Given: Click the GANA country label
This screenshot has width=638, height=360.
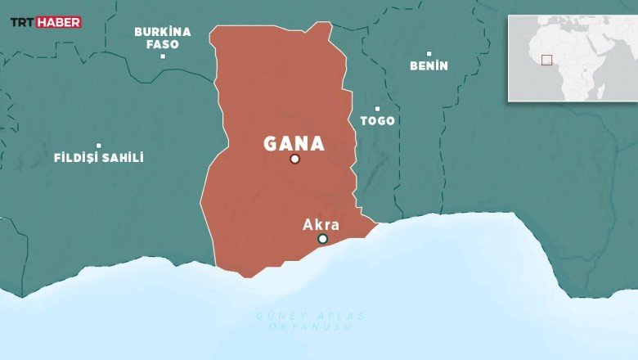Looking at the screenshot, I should [x=294, y=144].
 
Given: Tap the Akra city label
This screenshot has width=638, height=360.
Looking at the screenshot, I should [x=321, y=224].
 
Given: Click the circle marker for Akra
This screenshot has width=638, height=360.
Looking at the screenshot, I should [x=322, y=239].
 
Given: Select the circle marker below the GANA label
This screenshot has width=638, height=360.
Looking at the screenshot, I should [x=294, y=159].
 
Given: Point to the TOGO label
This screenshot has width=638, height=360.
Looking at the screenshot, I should [x=377, y=120].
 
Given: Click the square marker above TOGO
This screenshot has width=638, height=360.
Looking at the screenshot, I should [x=377, y=108].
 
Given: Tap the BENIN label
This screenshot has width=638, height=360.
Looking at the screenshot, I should [x=429, y=65].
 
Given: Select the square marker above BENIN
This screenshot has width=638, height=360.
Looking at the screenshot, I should [x=429, y=53].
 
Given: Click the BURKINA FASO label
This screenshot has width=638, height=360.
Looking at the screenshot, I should [x=163, y=38].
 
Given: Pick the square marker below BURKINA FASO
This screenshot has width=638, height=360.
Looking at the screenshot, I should [x=163, y=56].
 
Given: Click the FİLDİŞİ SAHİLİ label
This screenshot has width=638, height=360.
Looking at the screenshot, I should [x=98, y=157].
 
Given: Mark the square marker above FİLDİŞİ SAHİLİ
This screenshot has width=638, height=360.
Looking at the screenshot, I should [x=98, y=145].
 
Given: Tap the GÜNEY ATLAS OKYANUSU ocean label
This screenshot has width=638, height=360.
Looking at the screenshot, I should [x=310, y=321].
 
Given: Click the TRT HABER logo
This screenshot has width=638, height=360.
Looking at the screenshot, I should [x=45, y=22].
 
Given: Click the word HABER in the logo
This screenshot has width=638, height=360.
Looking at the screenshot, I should [x=59, y=22].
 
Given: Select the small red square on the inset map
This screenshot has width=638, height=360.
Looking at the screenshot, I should [x=546, y=59].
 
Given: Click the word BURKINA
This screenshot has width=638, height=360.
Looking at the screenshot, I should [x=163, y=32].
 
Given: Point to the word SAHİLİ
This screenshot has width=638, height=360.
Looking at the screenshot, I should [x=121, y=157].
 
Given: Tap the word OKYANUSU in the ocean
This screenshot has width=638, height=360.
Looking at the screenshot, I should [x=310, y=326].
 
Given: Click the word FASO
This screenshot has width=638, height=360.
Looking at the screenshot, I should [x=163, y=44].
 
